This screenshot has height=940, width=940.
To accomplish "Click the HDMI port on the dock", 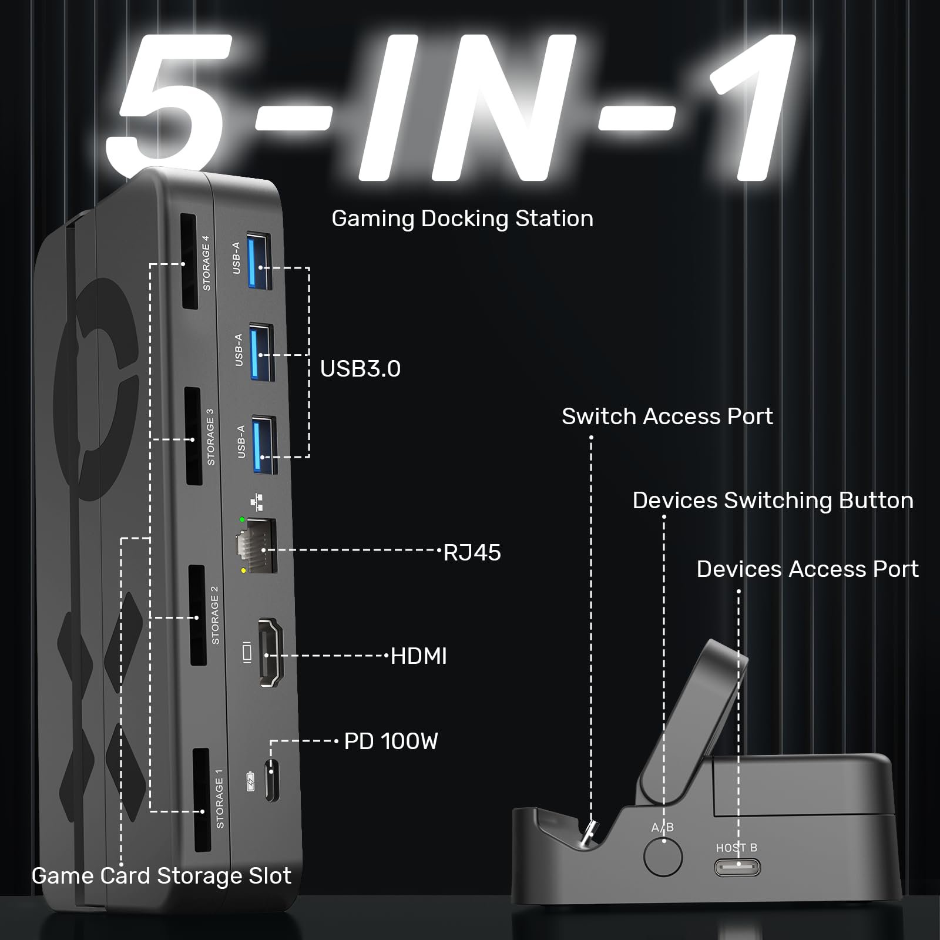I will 271,652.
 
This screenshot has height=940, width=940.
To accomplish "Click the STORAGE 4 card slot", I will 188,261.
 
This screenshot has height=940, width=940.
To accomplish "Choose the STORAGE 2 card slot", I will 197,616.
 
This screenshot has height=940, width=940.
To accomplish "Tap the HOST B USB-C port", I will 737,867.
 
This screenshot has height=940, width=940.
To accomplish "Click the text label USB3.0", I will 360,369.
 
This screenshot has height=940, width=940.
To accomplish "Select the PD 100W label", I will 391,741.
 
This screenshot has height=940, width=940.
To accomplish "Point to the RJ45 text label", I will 472,553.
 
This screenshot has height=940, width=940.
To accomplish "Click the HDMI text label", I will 419,656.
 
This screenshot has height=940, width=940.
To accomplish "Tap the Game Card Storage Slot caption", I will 162,876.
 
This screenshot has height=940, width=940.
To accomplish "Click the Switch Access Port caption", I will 667,417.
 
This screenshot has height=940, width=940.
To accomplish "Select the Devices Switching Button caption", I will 773,501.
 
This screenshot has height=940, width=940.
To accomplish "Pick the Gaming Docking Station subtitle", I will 462,219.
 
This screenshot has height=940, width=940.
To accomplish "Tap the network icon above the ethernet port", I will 257,502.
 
